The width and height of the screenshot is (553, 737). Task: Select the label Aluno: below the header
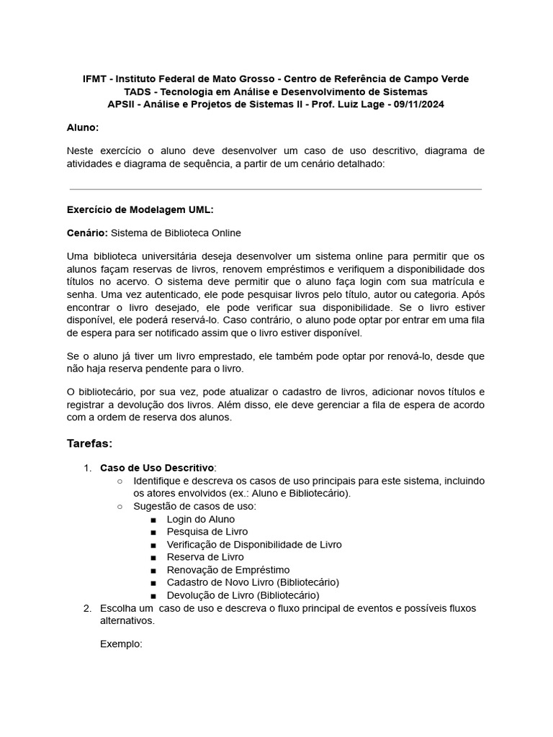pos(83,127)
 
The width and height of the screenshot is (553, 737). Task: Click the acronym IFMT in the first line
pos(94,78)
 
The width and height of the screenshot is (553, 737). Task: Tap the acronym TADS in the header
pos(138,91)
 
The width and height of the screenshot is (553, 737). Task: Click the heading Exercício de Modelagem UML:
pos(140,209)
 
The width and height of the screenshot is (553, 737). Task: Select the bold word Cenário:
pos(87,232)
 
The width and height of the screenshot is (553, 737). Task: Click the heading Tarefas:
pos(89,443)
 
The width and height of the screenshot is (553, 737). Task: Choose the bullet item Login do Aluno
pos(200,519)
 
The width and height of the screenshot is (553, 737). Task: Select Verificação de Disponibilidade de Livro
pos(253,545)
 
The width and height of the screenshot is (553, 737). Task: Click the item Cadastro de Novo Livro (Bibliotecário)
pos(252,582)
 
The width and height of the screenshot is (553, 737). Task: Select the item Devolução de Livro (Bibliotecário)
pos(243,595)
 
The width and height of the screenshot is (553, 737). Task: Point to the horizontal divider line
pos(275,189)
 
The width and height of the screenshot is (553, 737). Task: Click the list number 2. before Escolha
pos(87,608)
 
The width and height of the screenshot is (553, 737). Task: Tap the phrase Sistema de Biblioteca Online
pos(176,232)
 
